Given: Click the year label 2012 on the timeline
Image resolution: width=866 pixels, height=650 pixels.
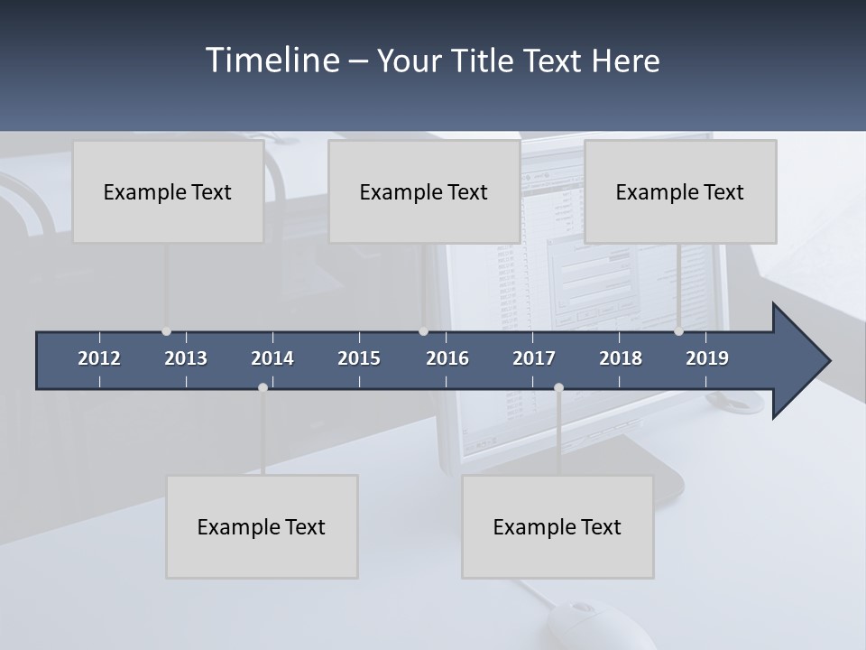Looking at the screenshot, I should (99, 358).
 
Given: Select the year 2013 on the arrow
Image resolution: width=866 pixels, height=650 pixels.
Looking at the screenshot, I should (186, 358).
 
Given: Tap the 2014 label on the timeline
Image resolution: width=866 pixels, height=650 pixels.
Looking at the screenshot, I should (272, 358).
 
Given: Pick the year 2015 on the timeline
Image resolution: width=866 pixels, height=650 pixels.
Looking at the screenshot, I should (359, 358).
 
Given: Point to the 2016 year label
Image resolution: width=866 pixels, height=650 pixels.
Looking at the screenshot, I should (447, 358).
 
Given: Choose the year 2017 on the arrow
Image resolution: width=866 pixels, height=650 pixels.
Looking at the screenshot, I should (534, 358).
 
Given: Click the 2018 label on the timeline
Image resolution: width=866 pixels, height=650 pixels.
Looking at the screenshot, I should (621, 358).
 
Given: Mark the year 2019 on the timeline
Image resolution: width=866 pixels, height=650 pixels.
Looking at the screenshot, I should (707, 358).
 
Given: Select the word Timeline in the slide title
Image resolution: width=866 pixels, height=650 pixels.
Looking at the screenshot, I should (272, 60).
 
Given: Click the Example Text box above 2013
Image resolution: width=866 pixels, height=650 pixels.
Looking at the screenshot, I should (168, 191).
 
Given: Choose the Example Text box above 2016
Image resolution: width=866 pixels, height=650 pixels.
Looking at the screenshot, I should (424, 191).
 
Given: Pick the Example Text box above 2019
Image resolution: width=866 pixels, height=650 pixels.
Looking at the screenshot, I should (680, 191).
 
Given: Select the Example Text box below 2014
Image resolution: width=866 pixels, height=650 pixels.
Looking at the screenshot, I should (262, 526).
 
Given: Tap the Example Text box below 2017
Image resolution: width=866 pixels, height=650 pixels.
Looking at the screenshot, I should (557, 526).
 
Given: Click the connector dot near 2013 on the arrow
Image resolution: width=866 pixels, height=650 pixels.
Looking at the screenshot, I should (166, 331).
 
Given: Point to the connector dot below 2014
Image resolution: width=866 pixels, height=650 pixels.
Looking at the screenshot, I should (263, 387).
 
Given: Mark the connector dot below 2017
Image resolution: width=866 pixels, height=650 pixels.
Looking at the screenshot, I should (558, 387).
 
